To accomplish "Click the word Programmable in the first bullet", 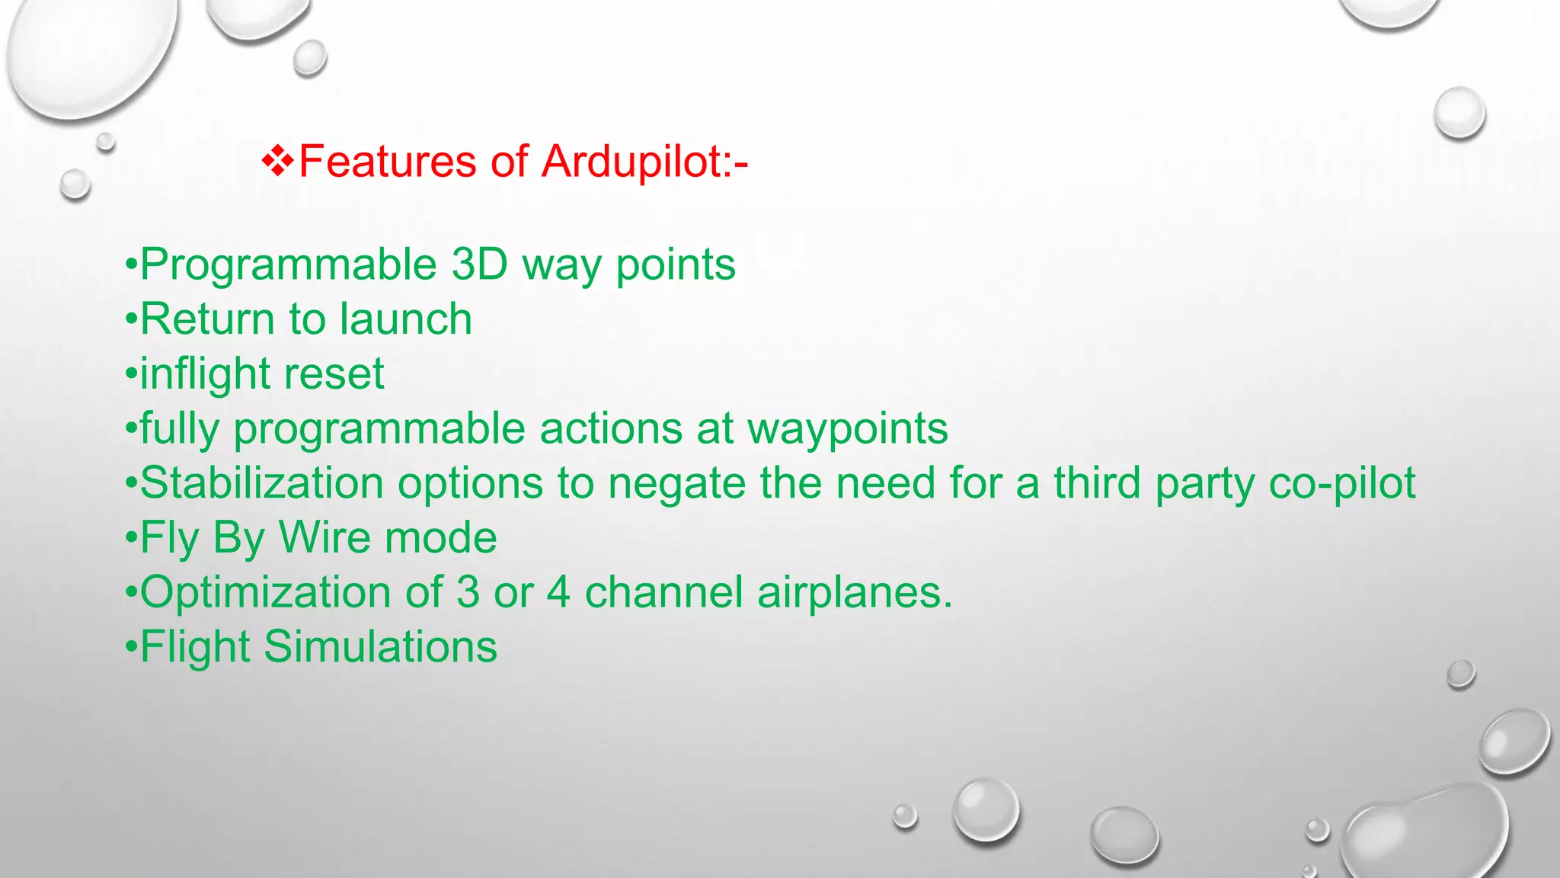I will click(289, 266).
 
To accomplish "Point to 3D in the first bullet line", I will click(479, 264).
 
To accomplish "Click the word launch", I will click(405, 319).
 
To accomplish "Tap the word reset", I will click(334, 374).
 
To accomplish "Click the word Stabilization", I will click(262, 483).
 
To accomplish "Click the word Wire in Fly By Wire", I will click(325, 537).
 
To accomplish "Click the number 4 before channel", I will click(558, 592).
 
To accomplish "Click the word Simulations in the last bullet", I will click(380, 647).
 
